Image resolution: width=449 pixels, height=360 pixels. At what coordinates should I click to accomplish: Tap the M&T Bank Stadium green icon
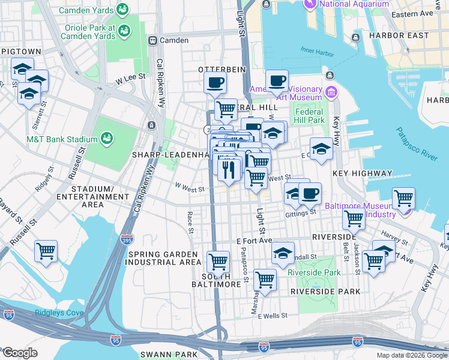click(x=107, y=139)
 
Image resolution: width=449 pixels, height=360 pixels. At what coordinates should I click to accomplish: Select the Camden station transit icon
click(x=152, y=41)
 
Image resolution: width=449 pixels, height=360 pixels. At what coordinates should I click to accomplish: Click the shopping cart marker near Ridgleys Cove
click(x=46, y=251)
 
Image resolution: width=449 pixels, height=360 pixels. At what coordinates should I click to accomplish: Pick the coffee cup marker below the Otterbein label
click(x=215, y=83)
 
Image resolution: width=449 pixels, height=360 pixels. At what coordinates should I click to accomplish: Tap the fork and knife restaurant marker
click(x=229, y=170)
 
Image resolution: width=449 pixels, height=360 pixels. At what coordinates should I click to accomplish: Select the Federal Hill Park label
click(x=309, y=116)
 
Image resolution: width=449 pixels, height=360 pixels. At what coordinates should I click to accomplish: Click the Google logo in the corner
click(x=19, y=353)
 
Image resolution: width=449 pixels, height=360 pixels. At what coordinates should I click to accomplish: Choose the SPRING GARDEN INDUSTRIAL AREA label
click(x=164, y=258)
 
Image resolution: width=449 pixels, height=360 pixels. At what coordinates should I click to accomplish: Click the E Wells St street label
click(x=273, y=315)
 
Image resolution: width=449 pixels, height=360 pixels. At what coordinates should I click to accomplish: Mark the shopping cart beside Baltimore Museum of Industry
click(x=403, y=197)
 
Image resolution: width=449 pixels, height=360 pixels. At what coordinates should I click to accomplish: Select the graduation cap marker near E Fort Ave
click(x=283, y=253)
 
